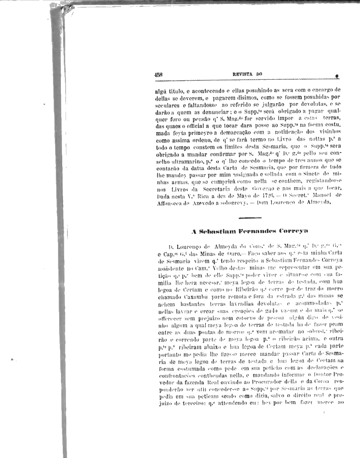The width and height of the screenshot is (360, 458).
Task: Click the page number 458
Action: [x=158, y=75]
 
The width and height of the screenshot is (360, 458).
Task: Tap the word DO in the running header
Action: [x=259, y=75]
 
